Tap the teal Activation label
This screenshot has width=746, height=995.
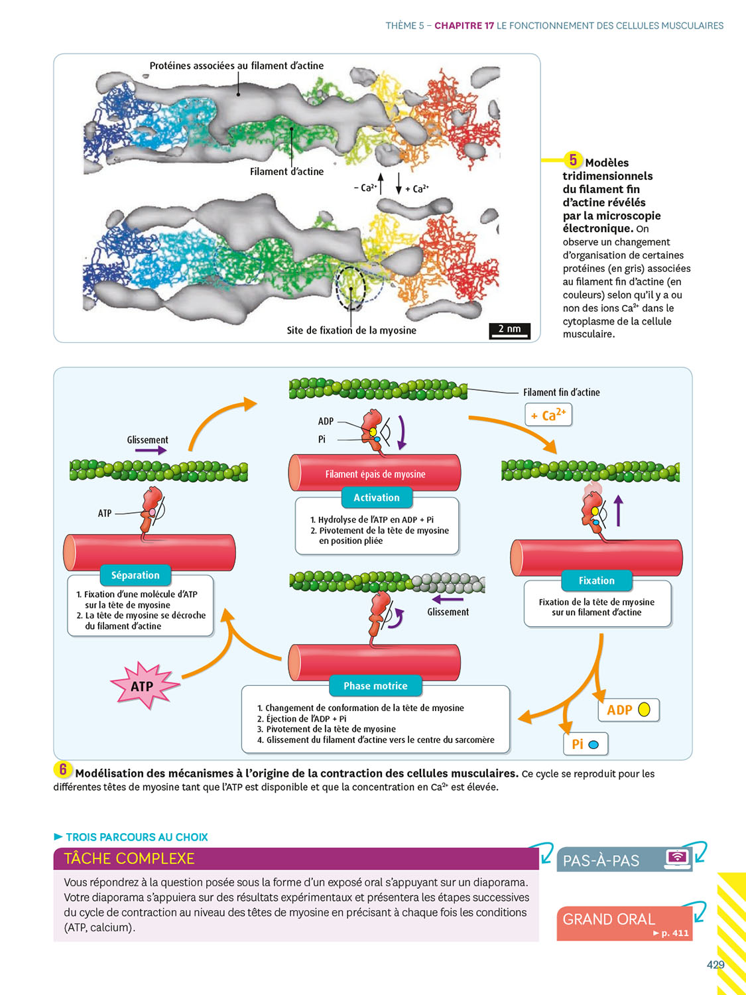point(376,497)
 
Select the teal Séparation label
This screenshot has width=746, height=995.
point(135,575)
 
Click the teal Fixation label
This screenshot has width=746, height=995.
point(596,580)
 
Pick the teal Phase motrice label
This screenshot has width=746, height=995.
point(375,686)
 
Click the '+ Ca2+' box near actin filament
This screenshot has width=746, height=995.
point(548,415)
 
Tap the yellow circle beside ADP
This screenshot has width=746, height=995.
point(644,710)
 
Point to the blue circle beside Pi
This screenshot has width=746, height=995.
point(593,744)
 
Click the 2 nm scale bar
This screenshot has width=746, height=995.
point(509,330)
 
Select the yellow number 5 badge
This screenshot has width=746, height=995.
point(573,160)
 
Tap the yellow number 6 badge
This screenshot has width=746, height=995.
point(63,769)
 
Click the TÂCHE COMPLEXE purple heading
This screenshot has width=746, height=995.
point(129,858)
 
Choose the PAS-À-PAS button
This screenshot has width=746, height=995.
point(623,860)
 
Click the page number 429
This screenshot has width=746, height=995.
point(715,964)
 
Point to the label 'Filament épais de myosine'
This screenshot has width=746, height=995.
point(375,474)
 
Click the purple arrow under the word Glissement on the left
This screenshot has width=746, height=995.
point(151,450)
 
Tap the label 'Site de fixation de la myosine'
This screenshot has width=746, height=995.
point(351,330)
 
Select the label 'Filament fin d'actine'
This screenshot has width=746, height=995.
point(561,393)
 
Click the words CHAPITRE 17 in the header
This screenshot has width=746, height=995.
point(464,26)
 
